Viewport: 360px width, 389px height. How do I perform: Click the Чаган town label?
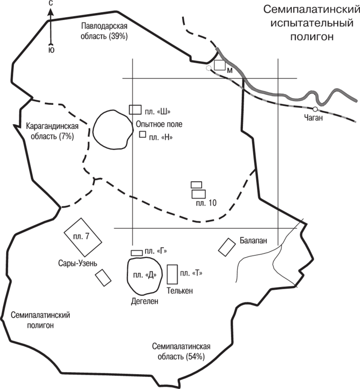click(x=314, y=118)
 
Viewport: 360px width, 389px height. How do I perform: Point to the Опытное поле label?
click(x=159, y=124)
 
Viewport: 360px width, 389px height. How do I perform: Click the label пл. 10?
click(x=206, y=203)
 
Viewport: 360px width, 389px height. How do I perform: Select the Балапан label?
click(x=253, y=240)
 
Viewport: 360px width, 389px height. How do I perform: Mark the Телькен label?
click(x=180, y=291)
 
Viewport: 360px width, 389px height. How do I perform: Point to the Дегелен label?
click(x=145, y=301)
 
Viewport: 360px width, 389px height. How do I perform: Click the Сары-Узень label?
click(x=78, y=263)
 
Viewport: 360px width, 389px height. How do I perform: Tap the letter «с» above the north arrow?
click(x=50, y=4)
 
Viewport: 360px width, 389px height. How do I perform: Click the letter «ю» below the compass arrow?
click(x=51, y=50)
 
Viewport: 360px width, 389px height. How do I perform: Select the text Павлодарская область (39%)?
click(x=104, y=31)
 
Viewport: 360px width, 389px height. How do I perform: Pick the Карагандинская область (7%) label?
click(x=52, y=131)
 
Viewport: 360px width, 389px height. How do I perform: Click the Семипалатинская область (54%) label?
click(x=181, y=351)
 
